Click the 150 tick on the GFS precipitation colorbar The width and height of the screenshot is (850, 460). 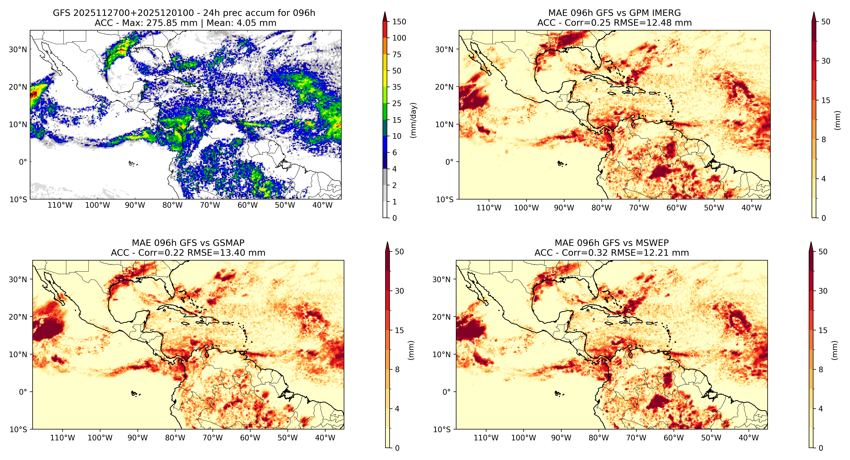coord(399,22)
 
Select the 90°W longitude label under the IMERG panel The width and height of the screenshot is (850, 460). coord(564,208)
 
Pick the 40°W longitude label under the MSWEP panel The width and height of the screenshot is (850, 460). coord(749,438)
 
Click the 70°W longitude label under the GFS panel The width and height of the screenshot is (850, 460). coord(210,205)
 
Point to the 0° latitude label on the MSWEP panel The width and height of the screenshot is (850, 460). coord(446,392)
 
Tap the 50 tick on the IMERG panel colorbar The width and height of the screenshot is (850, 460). coord(826,22)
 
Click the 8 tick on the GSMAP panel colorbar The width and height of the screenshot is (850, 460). coord(397,370)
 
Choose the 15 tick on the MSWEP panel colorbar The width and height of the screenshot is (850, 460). coord(823,330)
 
